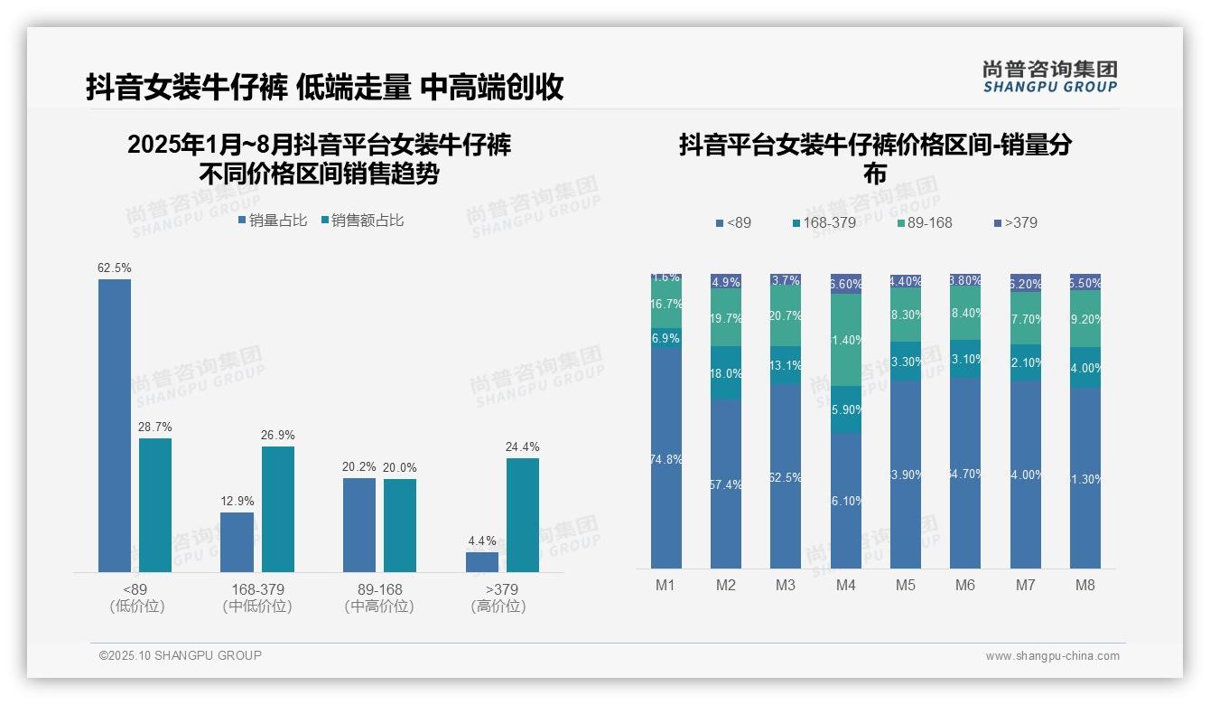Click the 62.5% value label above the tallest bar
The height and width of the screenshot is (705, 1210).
coord(115,268)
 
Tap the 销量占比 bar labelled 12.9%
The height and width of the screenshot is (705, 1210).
coord(237,541)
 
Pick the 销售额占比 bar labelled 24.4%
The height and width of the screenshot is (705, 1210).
coord(522,514)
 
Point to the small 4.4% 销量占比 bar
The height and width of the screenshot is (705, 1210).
coord(482,561)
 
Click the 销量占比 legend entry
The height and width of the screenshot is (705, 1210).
coord(274,220)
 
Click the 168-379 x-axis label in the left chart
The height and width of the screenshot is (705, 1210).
coord(257,590)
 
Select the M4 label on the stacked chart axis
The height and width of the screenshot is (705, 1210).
coord(845,585)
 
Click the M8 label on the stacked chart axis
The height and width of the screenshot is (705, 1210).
coord(1084,585)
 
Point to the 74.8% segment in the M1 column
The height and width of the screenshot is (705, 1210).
coord(665,458)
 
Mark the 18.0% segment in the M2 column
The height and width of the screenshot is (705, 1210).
coord(726,373)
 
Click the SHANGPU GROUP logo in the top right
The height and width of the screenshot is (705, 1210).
coord(1049,77)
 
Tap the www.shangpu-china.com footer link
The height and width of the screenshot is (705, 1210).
coord(1052,656)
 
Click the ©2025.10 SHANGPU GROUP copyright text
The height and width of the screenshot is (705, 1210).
coord(181,655)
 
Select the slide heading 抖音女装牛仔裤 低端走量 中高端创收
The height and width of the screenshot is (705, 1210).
coord(325,87)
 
